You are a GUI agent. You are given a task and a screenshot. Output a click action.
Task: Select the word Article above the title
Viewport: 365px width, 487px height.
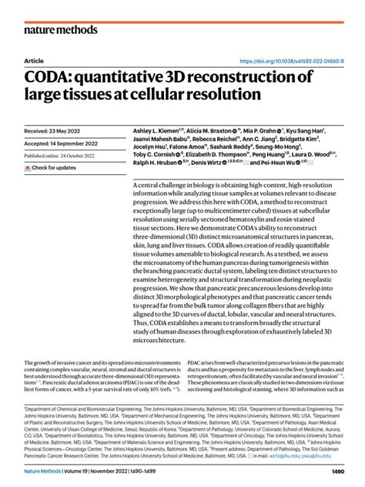coord(34,60)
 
